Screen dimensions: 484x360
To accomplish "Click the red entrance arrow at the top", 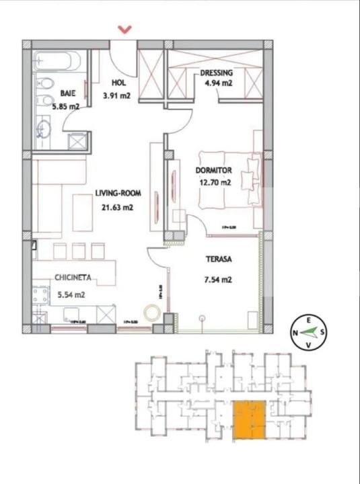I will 124,29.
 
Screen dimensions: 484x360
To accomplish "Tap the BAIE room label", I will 67,94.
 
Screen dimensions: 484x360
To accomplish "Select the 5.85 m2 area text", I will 67,106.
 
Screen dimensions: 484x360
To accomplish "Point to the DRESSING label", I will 217,73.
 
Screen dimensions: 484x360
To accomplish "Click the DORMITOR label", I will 214,171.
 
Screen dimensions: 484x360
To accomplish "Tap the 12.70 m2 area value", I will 214,182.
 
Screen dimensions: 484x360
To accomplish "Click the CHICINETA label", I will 75,277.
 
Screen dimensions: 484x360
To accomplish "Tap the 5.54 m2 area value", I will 71,294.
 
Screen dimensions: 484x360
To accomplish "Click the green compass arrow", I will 310,331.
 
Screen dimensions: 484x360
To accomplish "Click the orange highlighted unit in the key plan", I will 248,419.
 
